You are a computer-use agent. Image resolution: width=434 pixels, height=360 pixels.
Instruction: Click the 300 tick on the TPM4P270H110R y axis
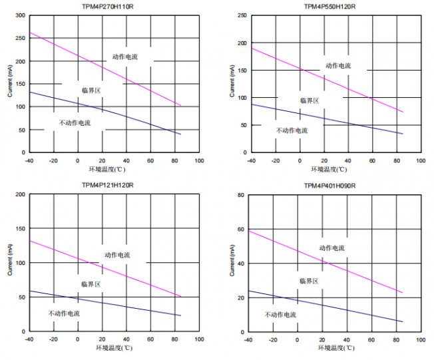click(19, 15)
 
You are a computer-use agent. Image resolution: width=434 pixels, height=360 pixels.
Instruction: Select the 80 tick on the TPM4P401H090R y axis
click(242, 195)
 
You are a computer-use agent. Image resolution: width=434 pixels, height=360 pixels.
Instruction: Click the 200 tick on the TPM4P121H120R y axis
click(19, 195)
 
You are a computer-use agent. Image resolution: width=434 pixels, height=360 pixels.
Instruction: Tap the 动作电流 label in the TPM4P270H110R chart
click(124, 57)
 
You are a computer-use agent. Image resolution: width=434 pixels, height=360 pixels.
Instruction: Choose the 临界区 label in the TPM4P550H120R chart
click(310, 100)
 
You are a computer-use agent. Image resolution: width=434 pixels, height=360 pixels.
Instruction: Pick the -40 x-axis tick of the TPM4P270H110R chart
click(29, 161)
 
